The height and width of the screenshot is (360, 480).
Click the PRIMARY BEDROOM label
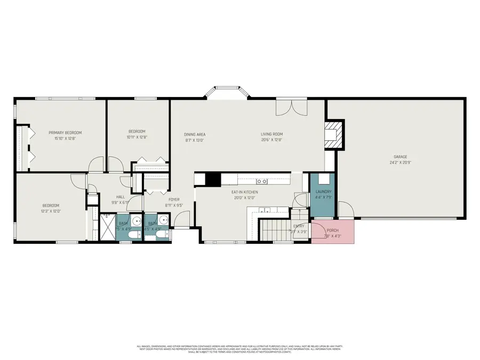pyautogui.click(x=65, y=133)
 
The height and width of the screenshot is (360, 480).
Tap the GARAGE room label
pyautogui.click(x=401, y=157)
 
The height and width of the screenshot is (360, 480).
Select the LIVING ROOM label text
pyautogui.click(x=271, y=134)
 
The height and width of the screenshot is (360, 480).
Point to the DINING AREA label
pyautogui.click(x=195, y=134)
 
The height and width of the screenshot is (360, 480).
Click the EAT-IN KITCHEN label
pyautogui.click(x=245, y=192)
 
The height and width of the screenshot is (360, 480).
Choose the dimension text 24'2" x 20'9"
pyautogui.click(x=401, y=162)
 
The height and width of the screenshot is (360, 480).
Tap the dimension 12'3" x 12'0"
pyautogui.click(x=51, y=211)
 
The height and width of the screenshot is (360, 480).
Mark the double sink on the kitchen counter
pyautogui.click(x=262, y=181)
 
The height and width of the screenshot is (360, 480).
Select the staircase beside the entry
pyautogui.click(x=275, y=230)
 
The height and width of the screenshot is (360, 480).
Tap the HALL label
pyautogui.click(x=121, y=197)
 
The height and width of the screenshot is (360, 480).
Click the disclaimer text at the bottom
pyautogui.click(x=240, y=349)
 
